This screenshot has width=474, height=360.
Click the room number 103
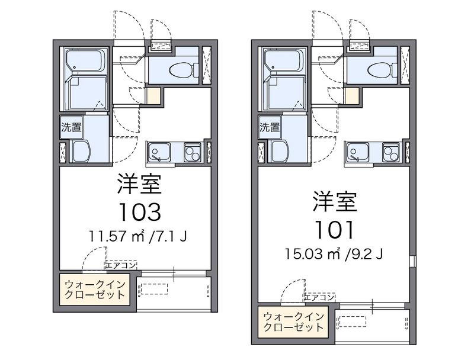[140, 212]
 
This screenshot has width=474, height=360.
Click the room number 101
[334, 230]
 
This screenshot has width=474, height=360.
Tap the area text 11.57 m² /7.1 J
[138, 236]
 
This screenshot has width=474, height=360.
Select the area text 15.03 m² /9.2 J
[334, 254]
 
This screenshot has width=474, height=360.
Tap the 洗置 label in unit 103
[71, 127]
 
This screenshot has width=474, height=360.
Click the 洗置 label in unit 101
[270, 127]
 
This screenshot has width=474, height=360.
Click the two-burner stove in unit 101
[391, 152]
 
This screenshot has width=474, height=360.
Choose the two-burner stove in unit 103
[193, 152]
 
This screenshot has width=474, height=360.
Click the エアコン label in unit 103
[121, 265]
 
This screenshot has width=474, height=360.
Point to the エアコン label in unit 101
[319, 297]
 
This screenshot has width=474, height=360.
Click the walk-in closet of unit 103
[95, 290]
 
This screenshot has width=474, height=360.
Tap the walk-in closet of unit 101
[293, 322]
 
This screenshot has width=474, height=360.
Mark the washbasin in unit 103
[81, 152]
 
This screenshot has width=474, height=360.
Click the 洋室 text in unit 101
[334, 201]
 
